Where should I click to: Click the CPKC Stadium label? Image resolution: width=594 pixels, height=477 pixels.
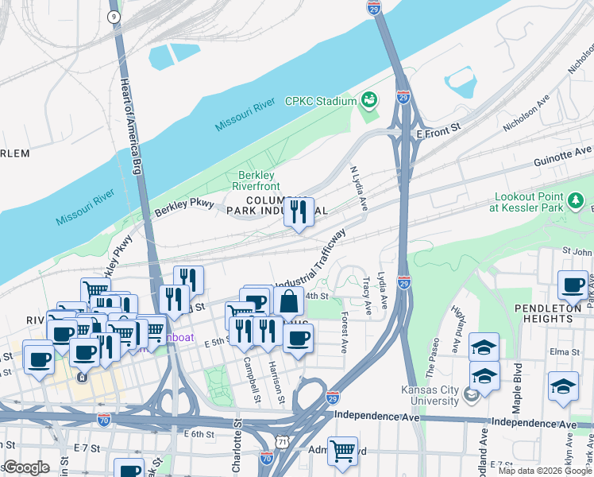[322, 101]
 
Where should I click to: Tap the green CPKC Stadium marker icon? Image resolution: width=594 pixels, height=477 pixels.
[368, 100]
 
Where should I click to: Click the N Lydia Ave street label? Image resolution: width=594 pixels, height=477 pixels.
[359, 187]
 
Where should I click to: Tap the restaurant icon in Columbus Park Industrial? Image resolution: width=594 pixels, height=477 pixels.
[299, 211]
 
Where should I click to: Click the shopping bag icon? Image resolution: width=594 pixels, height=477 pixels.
[289, 303]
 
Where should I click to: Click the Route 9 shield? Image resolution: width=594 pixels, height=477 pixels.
[114, 15]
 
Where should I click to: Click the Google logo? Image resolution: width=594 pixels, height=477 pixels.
[26, 467]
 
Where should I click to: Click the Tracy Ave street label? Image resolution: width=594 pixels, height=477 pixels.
[366, 294]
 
